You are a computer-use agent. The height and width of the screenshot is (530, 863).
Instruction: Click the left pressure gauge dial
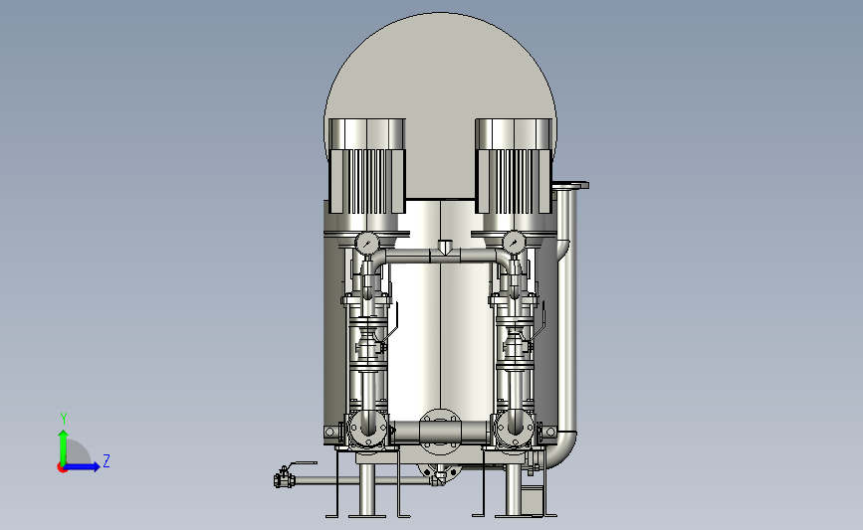pyautogui.click(x=366, y=243)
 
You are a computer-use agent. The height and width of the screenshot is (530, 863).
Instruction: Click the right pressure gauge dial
pyautogui.click(x=514, y=242)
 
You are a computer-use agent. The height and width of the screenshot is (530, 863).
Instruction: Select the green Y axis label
pyautogui.click(x=64, y=419)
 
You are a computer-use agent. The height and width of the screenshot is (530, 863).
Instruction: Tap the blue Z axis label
pyautogui.click(x=107, y=460)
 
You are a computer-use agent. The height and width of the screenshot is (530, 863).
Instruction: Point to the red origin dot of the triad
pyautogui.click(x=62, y=467)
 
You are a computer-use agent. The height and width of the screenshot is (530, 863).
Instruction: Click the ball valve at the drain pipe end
pyautogui.click(x=284, y=479)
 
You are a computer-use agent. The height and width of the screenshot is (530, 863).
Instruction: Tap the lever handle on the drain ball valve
pyautogui.click(x=302, y=464)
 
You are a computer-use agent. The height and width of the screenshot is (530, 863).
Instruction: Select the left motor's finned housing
pyautogui.click(x=367, y=166)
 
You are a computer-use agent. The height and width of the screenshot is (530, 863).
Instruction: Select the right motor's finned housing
pyautogui.click(x=514, y=166)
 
